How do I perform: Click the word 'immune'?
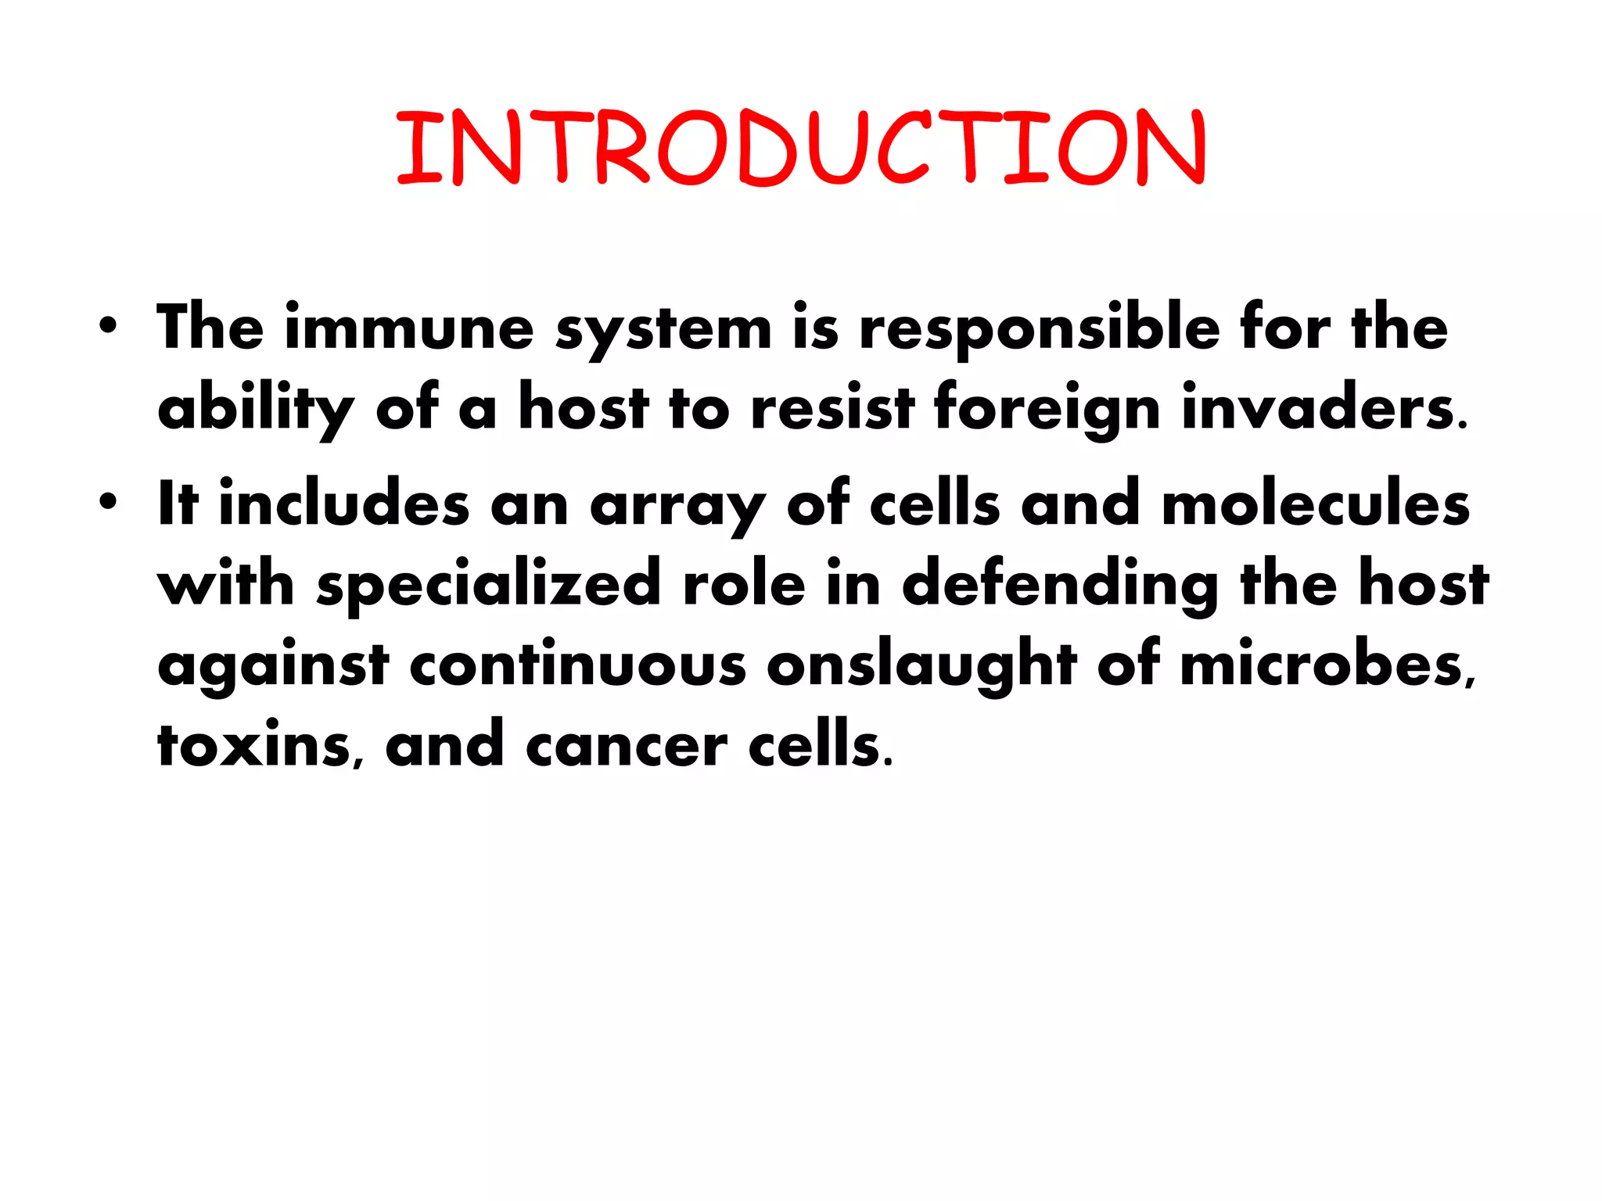pos(409,328)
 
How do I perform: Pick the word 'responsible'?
pos(1040,329)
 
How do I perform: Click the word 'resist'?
pos(832,408)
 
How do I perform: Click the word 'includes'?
pos(344,504)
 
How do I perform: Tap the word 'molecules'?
pos(1316,504)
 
